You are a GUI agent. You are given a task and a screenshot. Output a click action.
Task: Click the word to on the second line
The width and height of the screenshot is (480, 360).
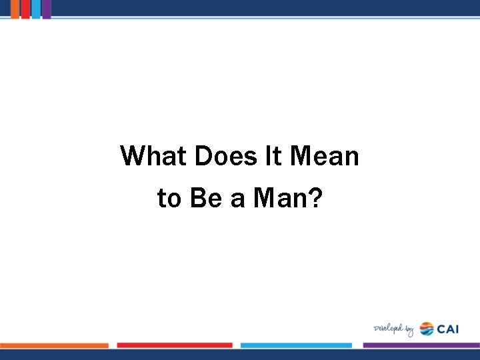point(169,198)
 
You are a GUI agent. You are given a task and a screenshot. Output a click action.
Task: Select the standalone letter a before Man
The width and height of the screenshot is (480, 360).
point(238,199)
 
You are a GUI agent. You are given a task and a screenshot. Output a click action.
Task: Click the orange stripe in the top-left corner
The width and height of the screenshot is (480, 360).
point(15,9)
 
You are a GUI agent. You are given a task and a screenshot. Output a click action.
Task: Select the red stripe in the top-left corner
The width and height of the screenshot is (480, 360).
point(25,9)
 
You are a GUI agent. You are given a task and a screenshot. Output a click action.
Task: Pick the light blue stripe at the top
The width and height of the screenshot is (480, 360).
point(36,9)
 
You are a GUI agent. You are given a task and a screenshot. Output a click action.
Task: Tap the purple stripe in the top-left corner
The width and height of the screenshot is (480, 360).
point(47,9)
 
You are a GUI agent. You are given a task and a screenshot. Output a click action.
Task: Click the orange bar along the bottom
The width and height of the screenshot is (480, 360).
point(54,345)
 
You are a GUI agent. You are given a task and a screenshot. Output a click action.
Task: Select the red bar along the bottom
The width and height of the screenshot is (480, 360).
point(175,345)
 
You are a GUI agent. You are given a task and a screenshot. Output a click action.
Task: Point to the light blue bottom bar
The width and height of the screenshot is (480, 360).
point(296,345)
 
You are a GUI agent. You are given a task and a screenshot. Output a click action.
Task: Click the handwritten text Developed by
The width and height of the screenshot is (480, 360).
point(393,329)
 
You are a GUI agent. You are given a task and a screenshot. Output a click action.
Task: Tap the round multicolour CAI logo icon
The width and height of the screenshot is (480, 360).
point(427,329)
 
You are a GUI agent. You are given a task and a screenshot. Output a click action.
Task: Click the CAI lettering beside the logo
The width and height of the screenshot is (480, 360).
point(448,329)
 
